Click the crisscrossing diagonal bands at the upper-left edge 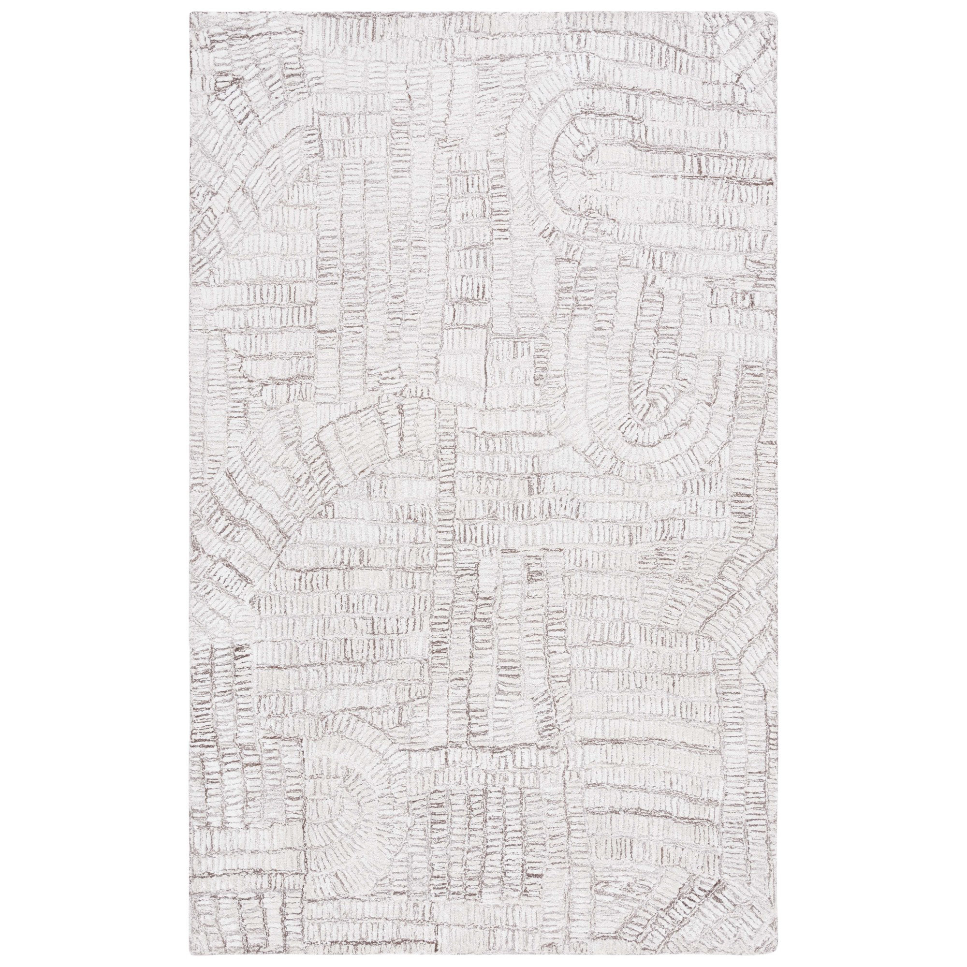click(x=225, y=150)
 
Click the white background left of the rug click(x=95, y=483)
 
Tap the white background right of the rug click(x=871, y=483)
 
